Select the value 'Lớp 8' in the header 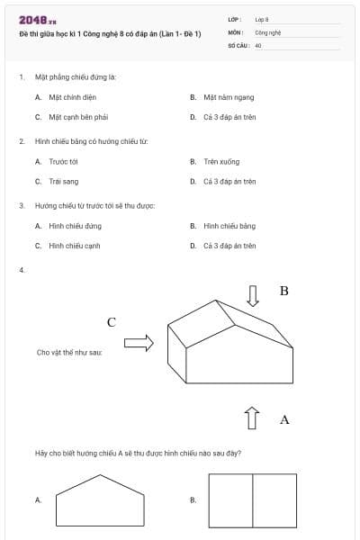[262, 19]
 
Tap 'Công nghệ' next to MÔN [268, 31]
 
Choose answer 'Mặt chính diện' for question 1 [68, 96]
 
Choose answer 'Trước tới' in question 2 [64, 161]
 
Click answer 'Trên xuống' [221, 161]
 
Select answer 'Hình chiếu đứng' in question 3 [75, 226]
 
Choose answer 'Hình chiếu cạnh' [74, 246]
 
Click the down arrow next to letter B [253, 296]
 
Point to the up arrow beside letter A [253, 418]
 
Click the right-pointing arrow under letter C [139, 343]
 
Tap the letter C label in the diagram [112, 322]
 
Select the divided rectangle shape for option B [252, 501]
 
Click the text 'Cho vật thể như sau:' [69, 353]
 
